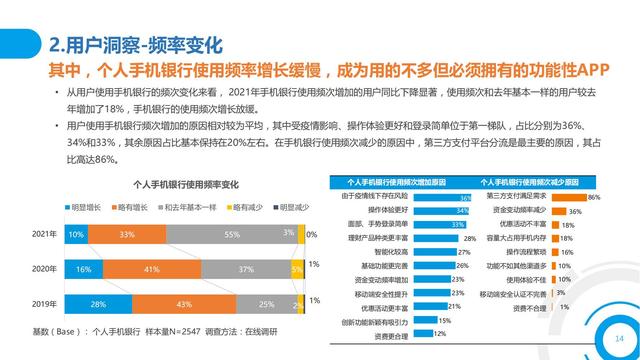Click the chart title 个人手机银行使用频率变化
click(x=186, y=186)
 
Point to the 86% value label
click(x=594, y=198)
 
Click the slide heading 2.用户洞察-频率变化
click(x=135, y=45)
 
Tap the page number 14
click(x=605, y=339)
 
